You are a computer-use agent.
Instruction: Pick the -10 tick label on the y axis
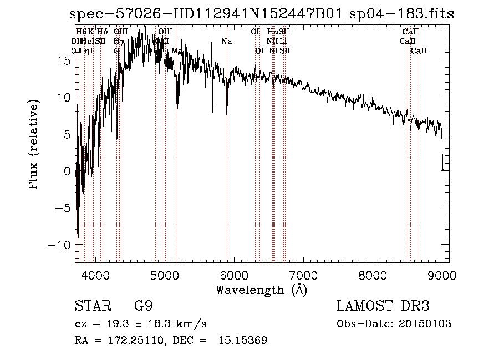coord(61,245)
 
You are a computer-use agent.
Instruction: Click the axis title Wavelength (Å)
coord(261,290)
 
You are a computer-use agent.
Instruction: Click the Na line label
coord(227,42)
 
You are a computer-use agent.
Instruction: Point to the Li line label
coord(283,42)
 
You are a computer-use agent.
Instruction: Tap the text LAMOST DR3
coord(383,306)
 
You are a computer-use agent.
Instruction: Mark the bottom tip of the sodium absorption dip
coord(227,114)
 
